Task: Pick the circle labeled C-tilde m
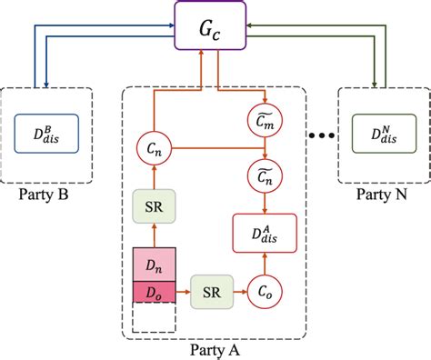264,117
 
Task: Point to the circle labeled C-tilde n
264,179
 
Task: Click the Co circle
264,293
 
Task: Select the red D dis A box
264,235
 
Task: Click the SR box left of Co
211,293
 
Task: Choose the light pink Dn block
152,265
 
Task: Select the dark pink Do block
152,292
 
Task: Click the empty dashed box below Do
152,318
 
